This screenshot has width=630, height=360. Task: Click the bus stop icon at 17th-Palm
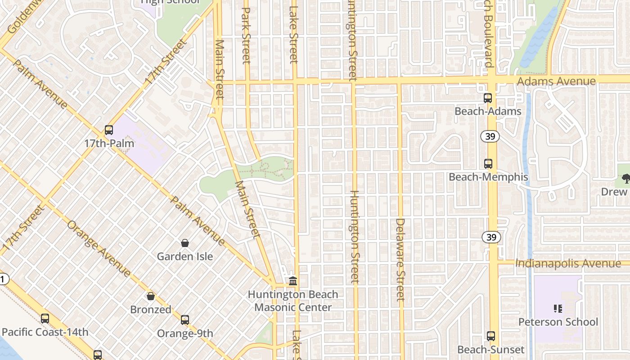click(x=109, y=130)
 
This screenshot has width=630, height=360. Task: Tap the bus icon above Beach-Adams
click(x=488, y=98)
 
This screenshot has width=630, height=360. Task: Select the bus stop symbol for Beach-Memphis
click(x=488, y=164)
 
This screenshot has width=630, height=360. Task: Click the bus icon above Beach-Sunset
click(x=491, y=336)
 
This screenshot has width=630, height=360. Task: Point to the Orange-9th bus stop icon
click(x=185, y=320)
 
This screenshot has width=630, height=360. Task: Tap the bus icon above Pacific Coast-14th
click(x=45, y=319)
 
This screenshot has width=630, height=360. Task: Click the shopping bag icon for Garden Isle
click(x=185, y=243)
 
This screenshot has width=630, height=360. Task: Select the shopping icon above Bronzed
click(x=151, y=296)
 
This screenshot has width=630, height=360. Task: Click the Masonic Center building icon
click(x=293, y=281)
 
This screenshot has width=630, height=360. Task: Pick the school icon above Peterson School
click(x=558, y=308)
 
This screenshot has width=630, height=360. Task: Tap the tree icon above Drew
click(x=625, y=179)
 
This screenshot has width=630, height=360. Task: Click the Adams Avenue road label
click(x=556, y=81)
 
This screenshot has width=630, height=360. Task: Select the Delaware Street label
click(x=400, y=259)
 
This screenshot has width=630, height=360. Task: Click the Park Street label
click(x=246, y=35)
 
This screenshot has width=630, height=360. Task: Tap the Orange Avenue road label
click(x=99, y=248)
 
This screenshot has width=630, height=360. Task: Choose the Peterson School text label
click(x=558, y=322)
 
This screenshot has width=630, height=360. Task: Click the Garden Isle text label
click(x=185, y=256)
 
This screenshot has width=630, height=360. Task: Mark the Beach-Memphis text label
click(x=488, y=177)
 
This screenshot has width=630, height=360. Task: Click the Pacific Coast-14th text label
click(x=45, y=332)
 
